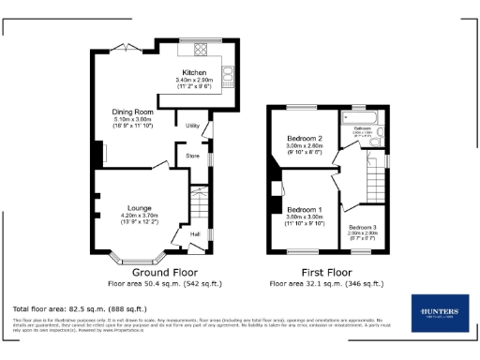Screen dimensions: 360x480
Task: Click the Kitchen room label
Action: [195, 72]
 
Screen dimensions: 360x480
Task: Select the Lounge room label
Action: [139, 208]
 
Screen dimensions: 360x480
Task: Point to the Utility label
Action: [191, 125]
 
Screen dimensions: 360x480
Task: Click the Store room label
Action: [191, 155]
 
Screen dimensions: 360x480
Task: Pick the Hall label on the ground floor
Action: [195, 233]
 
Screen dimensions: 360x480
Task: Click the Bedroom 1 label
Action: [304, 208]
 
